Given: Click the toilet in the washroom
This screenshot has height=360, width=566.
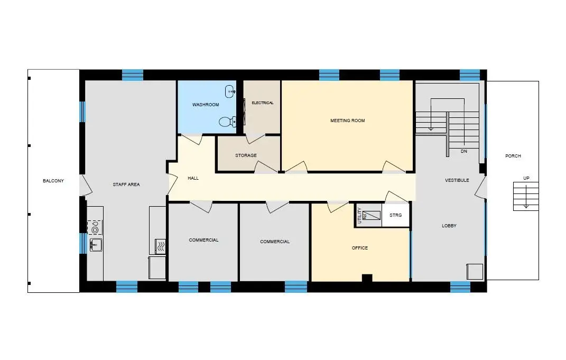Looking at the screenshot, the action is pos(227,122).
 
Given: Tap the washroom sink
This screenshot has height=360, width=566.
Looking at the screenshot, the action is pos(230,91).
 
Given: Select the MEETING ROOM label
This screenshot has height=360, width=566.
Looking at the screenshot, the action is pos(348,121).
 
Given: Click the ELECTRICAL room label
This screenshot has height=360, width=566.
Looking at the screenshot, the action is pos(263,103).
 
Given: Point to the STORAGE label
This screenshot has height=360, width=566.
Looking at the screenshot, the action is pos(246,155).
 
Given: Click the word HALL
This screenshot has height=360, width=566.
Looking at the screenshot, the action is pos(193,178).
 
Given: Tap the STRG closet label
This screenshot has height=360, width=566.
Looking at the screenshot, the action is pos(396,215).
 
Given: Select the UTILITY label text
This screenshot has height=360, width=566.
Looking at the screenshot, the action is pos(359,216).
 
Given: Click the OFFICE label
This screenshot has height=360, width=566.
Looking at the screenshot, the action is pos(360,248).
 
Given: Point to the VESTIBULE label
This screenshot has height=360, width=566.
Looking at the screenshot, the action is pos(457,180).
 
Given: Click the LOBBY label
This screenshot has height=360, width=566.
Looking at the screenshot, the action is pos(449,226).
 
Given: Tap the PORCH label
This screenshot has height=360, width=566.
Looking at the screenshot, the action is pos(513,156).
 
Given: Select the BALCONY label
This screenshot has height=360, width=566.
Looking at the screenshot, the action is pos(53,181).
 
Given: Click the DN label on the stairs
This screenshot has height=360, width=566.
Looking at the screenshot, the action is pos(464,151).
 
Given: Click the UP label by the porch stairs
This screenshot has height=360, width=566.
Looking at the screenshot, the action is pos(526,178).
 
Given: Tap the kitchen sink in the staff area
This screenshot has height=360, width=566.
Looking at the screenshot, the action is pos(96,245).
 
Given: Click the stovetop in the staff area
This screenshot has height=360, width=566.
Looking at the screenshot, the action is pos(95,227).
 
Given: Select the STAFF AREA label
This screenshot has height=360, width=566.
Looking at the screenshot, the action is pos(126,184).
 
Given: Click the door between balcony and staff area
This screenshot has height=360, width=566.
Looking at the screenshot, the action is pos(86,186).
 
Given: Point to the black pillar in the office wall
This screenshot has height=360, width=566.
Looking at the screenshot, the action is pos(367,278).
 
